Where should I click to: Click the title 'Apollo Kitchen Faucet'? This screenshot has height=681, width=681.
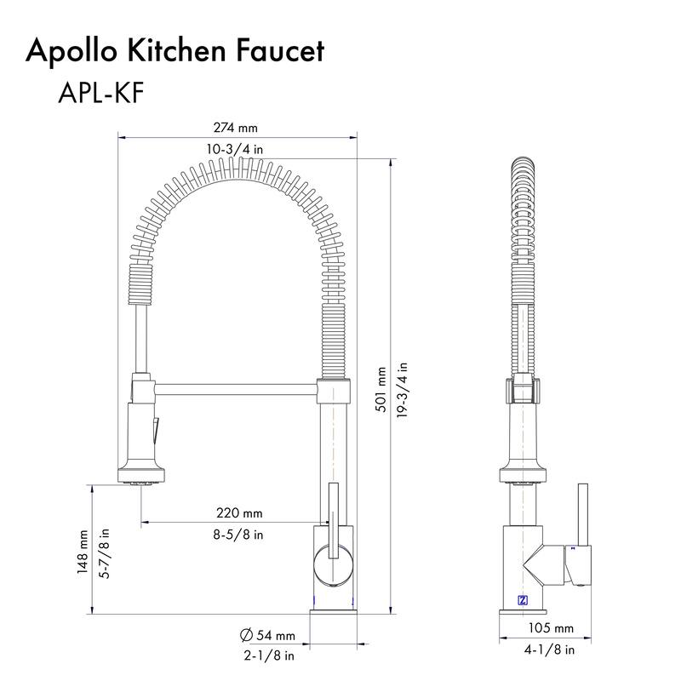pyautogui.click(x=175, y=51)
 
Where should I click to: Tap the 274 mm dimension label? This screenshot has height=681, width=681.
pyautogui.click(x=237, y=128)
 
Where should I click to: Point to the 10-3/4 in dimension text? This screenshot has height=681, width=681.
pyautogui.click(x=236, y=149)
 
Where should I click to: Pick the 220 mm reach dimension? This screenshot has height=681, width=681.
pyautogui.click(x=239, y=513)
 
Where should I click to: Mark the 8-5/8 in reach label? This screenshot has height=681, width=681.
pyautogui.click(x=239, y=535)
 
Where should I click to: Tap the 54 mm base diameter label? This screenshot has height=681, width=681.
pyautogui.click(x=275, y=636)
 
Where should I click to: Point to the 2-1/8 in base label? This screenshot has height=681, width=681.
pyautogui.click(x=269, y=656)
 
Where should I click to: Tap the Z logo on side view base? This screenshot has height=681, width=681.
pyautogui.click(x=522, y=599)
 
